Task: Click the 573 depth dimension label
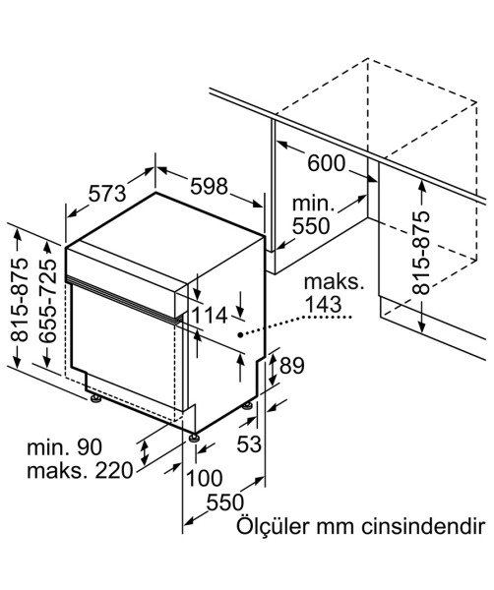[x=107, y=194]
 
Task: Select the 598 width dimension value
[x=209, y=186]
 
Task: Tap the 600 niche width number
[x=326, y=163]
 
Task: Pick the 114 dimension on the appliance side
[x=210, y=316]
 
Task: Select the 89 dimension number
[x=291, y=366]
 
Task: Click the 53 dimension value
[x=249, y=444]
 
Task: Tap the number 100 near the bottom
[x=205, y=479]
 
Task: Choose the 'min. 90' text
[x=64, y=447]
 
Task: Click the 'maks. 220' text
[x=80, y=470]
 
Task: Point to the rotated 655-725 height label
[x=48, y=300]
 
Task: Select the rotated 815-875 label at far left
[x=20, y=300]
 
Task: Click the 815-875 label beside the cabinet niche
[x=420, y=253]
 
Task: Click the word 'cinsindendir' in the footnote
[x=422, y=526]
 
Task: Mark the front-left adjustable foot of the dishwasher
[x=94, y=398]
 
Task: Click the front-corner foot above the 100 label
[x=194, y=438]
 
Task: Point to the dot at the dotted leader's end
[x=240, y=334]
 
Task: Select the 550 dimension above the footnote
[x=225, y=502]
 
